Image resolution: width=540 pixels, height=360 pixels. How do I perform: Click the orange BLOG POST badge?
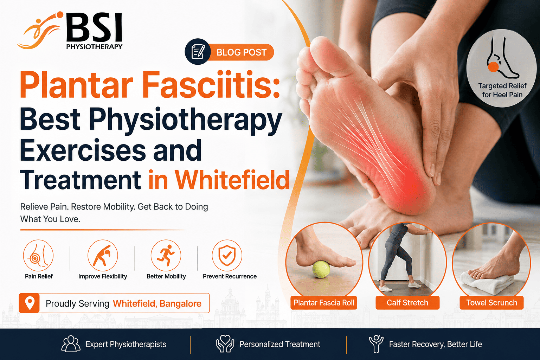pos(241,52)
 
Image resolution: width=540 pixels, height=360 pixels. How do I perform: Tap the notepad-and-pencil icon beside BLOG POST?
pos(198,52)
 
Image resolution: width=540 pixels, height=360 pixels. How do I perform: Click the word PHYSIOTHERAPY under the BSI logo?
pos(94,46)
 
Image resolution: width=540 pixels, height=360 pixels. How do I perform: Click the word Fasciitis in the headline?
pos(212,85)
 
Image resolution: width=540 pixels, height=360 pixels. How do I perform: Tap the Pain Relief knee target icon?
pos(38,255)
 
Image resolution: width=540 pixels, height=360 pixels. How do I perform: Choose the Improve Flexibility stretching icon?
pos(103,255)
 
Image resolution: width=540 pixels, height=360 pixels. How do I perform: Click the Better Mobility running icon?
pos(166,255)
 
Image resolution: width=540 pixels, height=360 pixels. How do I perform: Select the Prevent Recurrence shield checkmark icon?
pos(227,255)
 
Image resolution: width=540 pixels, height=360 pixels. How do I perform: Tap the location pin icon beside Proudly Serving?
pos(30,303)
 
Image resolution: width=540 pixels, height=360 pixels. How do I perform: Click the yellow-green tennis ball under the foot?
pos(321,269)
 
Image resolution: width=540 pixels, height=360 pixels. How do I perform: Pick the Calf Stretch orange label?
pos(407,303)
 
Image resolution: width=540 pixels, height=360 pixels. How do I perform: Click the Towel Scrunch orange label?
pos(491,303)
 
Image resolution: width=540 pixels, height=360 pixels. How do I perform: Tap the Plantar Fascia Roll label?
pos(324,303)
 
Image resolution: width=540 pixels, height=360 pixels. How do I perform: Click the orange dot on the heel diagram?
pos(493,67)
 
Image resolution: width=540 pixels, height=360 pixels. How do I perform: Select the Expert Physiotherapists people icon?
pos(71,344)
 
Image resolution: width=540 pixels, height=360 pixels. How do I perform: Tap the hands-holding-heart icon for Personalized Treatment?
pos(225,344)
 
